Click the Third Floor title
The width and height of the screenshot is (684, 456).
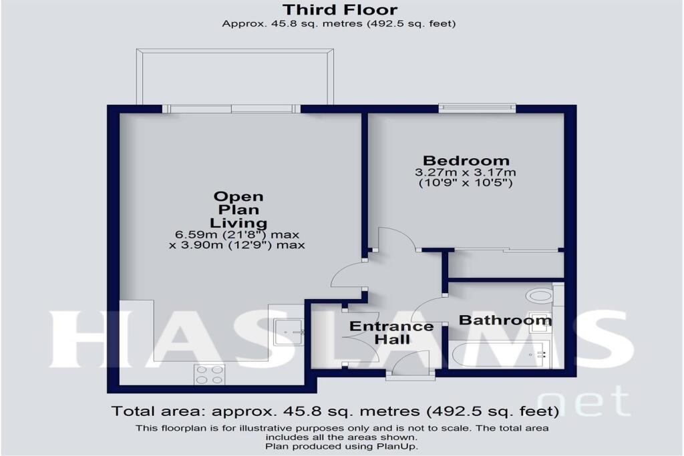coord(339,10)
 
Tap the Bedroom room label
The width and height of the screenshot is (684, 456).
coord(466,161)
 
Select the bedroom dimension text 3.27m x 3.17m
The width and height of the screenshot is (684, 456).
coord(466,172)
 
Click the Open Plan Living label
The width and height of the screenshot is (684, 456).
coord(238,210)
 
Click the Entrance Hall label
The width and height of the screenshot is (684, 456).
coord(391,332)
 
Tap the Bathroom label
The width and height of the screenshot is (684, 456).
coord(505,321)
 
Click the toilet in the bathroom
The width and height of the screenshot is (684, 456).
coord(538,294)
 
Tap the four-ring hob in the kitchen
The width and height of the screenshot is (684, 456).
coord(209,375)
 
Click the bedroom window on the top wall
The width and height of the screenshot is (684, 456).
coord(477,107)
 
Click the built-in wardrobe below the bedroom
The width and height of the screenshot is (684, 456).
coord(506,265)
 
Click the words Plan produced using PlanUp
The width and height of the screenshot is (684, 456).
coord(341,446)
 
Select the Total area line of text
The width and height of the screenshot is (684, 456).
coord(334,411)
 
